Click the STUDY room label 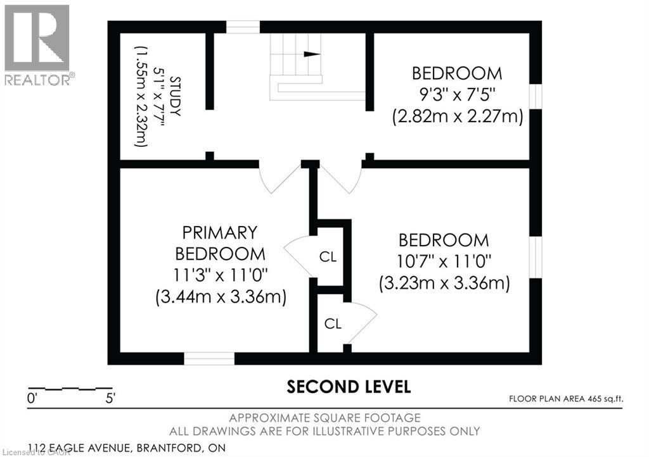175,96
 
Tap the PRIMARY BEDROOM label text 220,243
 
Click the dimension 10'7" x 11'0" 444,261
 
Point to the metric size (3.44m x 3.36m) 220,296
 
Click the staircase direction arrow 311,54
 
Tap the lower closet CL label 333,323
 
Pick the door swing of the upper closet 297,253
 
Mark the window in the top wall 243,27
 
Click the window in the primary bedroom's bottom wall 209,358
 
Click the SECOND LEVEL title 349,386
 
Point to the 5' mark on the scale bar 111,399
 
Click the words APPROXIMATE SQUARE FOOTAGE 324,418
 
